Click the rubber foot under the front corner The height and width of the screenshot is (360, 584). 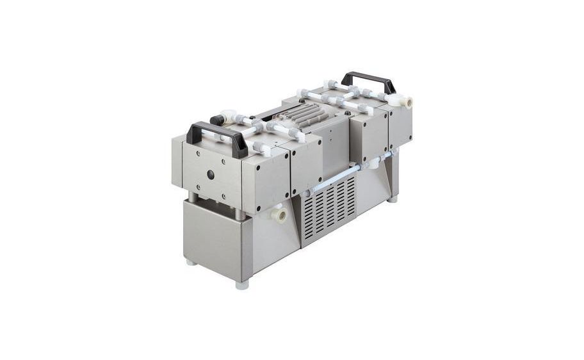click(x=242, y=284)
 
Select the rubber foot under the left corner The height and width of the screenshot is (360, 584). click(x=190, y=261)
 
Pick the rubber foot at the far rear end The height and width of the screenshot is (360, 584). click(x=393, y=200)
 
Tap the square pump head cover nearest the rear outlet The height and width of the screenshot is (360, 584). click(x=399, y=126)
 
